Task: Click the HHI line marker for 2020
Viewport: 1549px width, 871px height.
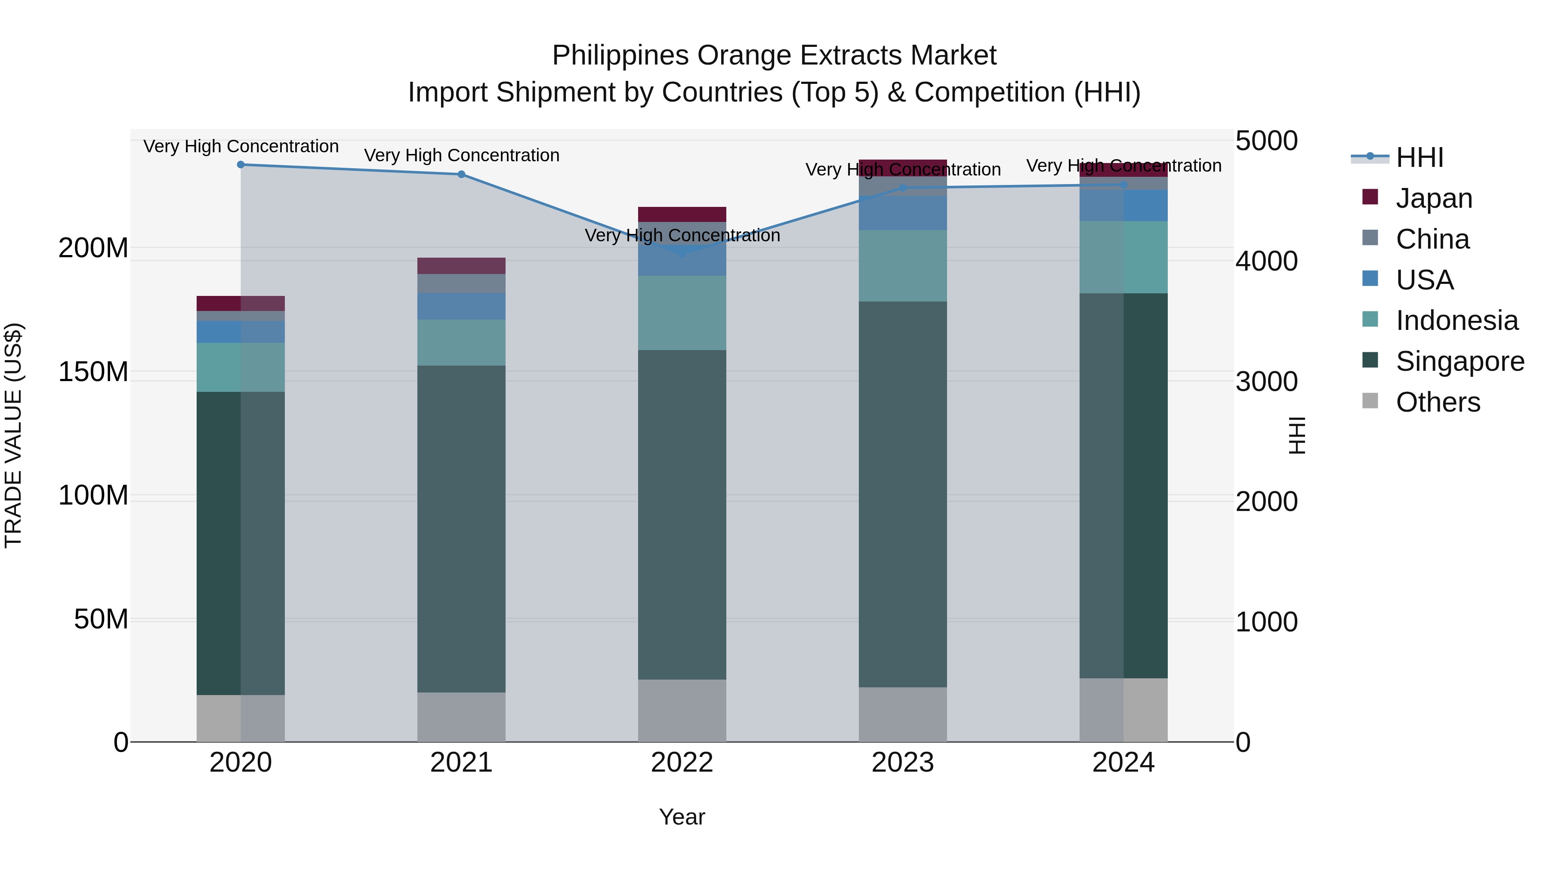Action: coord(241,165)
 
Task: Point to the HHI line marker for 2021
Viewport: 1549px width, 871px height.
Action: coord(461,174)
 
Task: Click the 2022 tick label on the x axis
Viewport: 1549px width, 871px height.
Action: coord(682,763)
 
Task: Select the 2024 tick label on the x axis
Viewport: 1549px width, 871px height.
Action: coord(1123,763)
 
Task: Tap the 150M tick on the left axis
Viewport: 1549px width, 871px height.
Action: coord(93,372)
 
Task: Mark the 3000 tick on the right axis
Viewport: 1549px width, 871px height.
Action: coord(1266,382)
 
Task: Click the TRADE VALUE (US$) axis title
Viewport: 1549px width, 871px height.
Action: coord(13,435)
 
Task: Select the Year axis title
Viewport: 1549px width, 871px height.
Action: coord(682,817)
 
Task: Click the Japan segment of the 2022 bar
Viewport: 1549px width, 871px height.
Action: coord(682,215)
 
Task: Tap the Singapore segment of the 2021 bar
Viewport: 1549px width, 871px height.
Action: coord(461,529)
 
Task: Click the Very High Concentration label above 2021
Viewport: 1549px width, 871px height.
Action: coord(461,155)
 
